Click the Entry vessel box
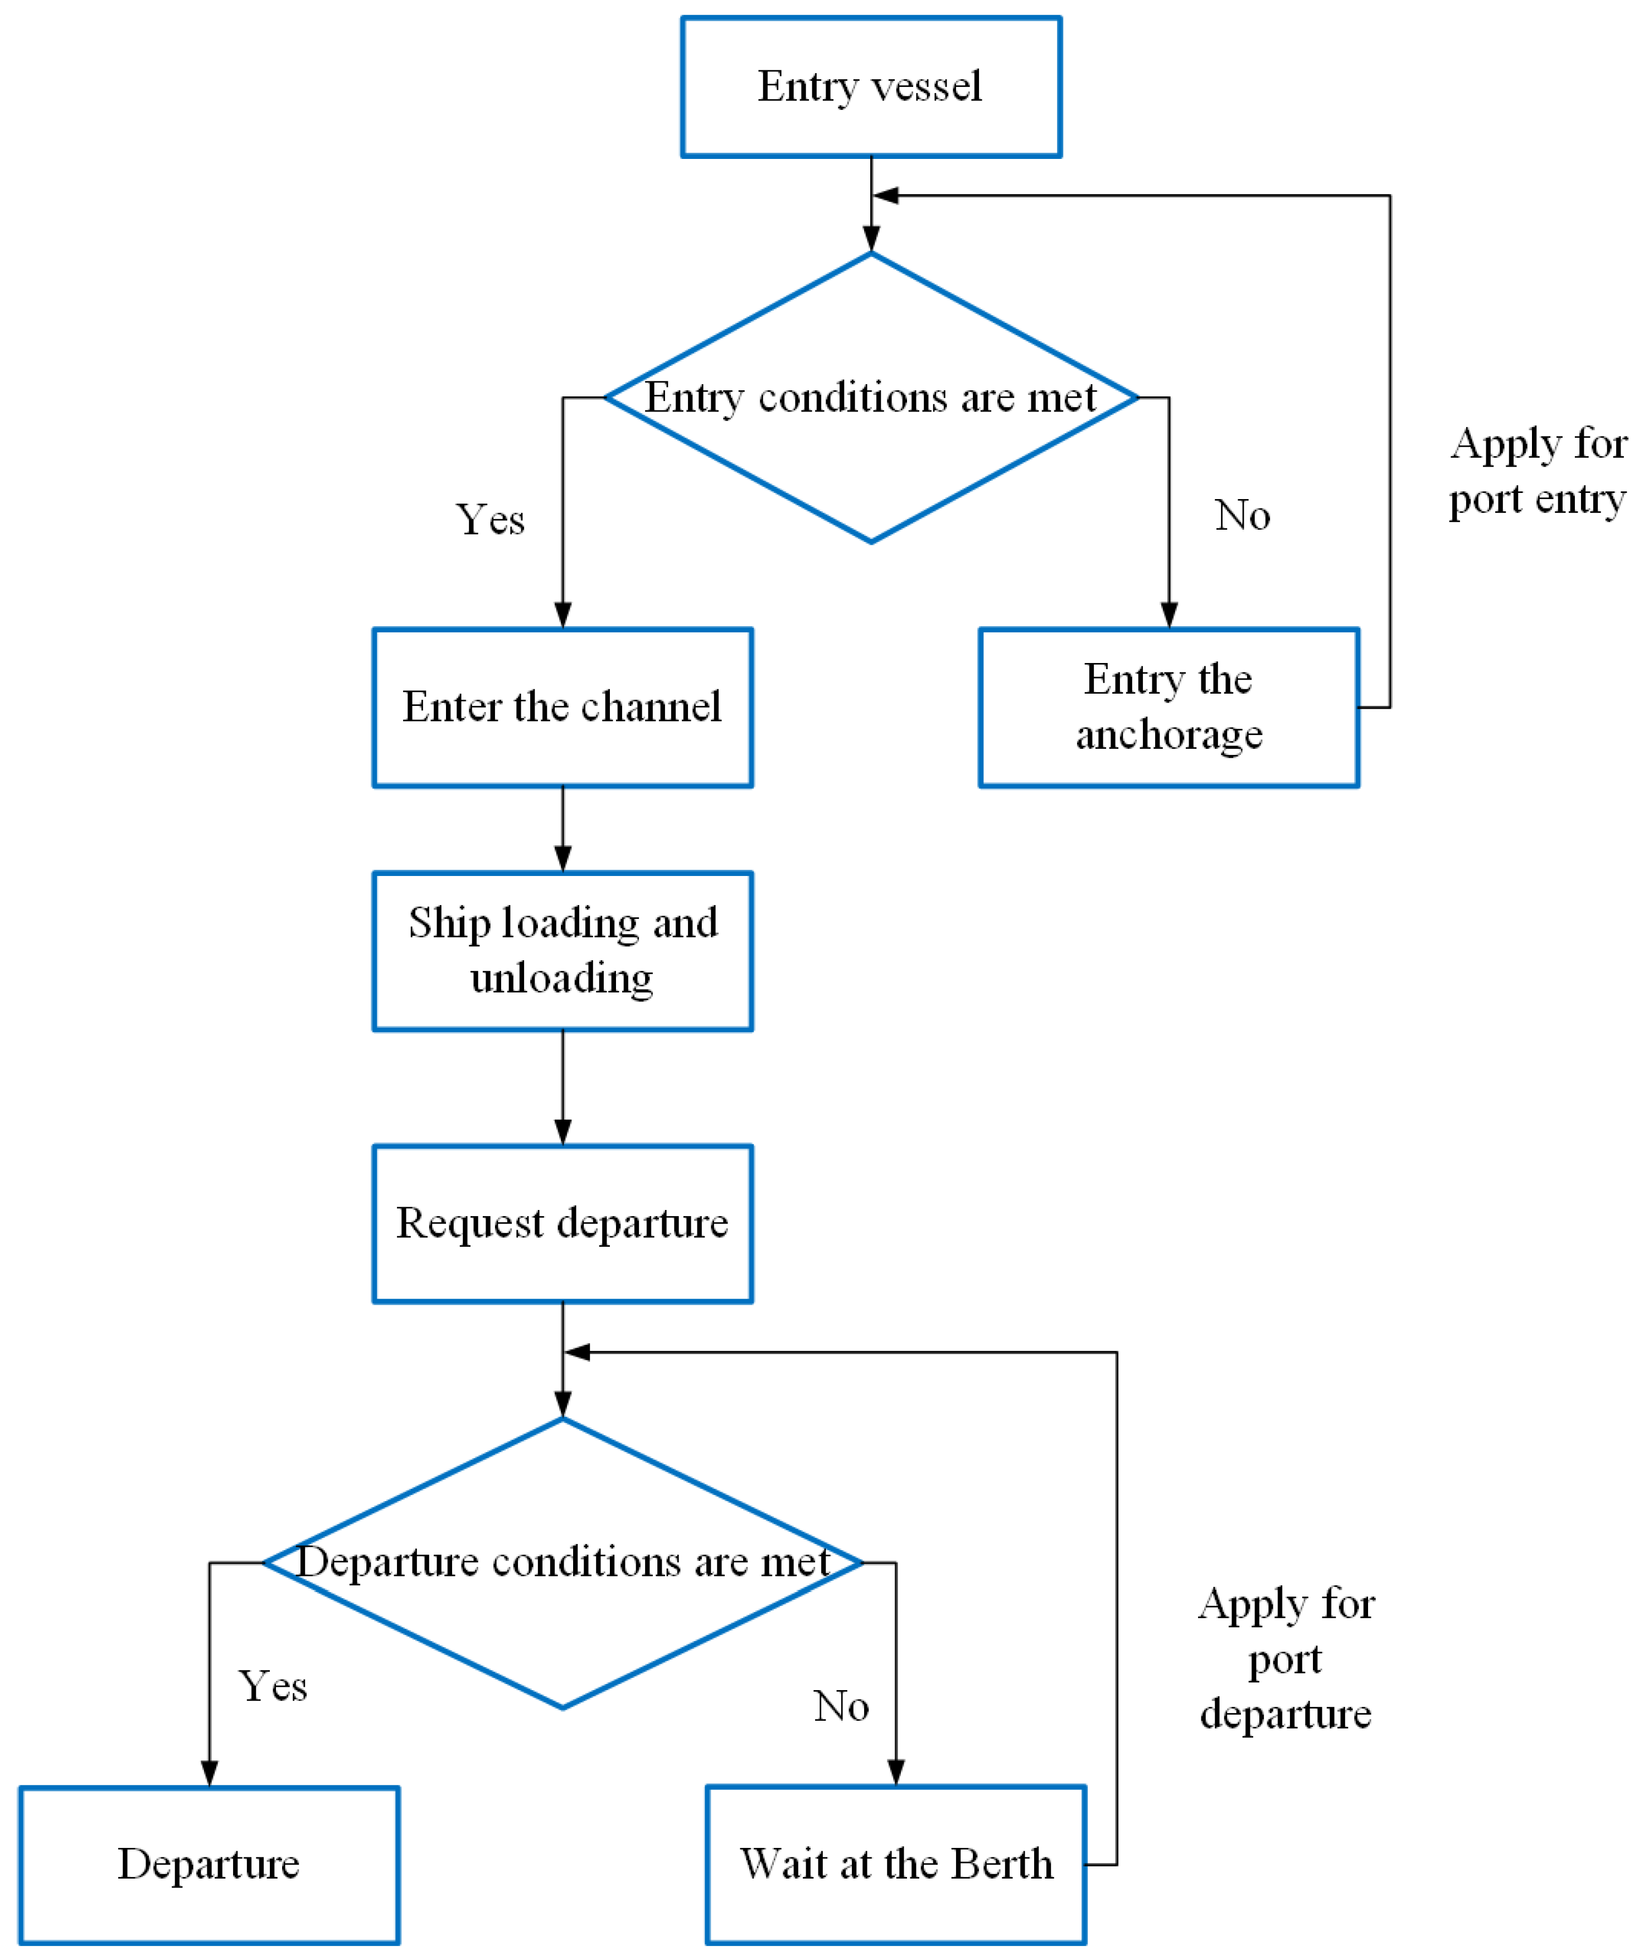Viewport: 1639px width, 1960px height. (x=871, y=87)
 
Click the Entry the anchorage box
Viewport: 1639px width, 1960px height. (x=1168, y=706)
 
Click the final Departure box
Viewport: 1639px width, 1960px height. (x=209, y=1864)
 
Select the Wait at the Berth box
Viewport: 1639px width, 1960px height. (x=896, y=1864)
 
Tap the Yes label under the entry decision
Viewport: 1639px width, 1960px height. (x=490, y=520)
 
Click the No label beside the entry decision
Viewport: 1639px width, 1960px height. (x=1242, y=515)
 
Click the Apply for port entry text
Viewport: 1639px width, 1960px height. (x=1538, y=471)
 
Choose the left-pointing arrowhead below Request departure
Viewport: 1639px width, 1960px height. (x=577, y=1352)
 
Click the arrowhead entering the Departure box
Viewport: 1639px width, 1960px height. (x=209, y=1773)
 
